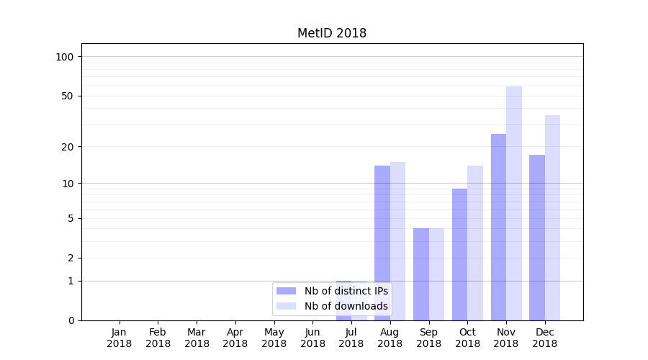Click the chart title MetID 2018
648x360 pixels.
(332, 33)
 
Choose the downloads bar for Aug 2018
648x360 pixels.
(398, 241)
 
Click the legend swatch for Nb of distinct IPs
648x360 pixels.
(287, 291)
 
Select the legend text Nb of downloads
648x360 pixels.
(346, 306)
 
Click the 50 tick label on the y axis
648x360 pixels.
(68, 96)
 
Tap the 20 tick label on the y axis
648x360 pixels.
(68, 147)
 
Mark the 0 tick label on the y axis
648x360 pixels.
(71, 320)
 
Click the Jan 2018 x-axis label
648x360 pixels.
(120, 338)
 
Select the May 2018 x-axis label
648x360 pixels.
(274, 338)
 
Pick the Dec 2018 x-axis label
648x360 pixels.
(545, 338)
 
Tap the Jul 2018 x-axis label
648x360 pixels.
(351, 338)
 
